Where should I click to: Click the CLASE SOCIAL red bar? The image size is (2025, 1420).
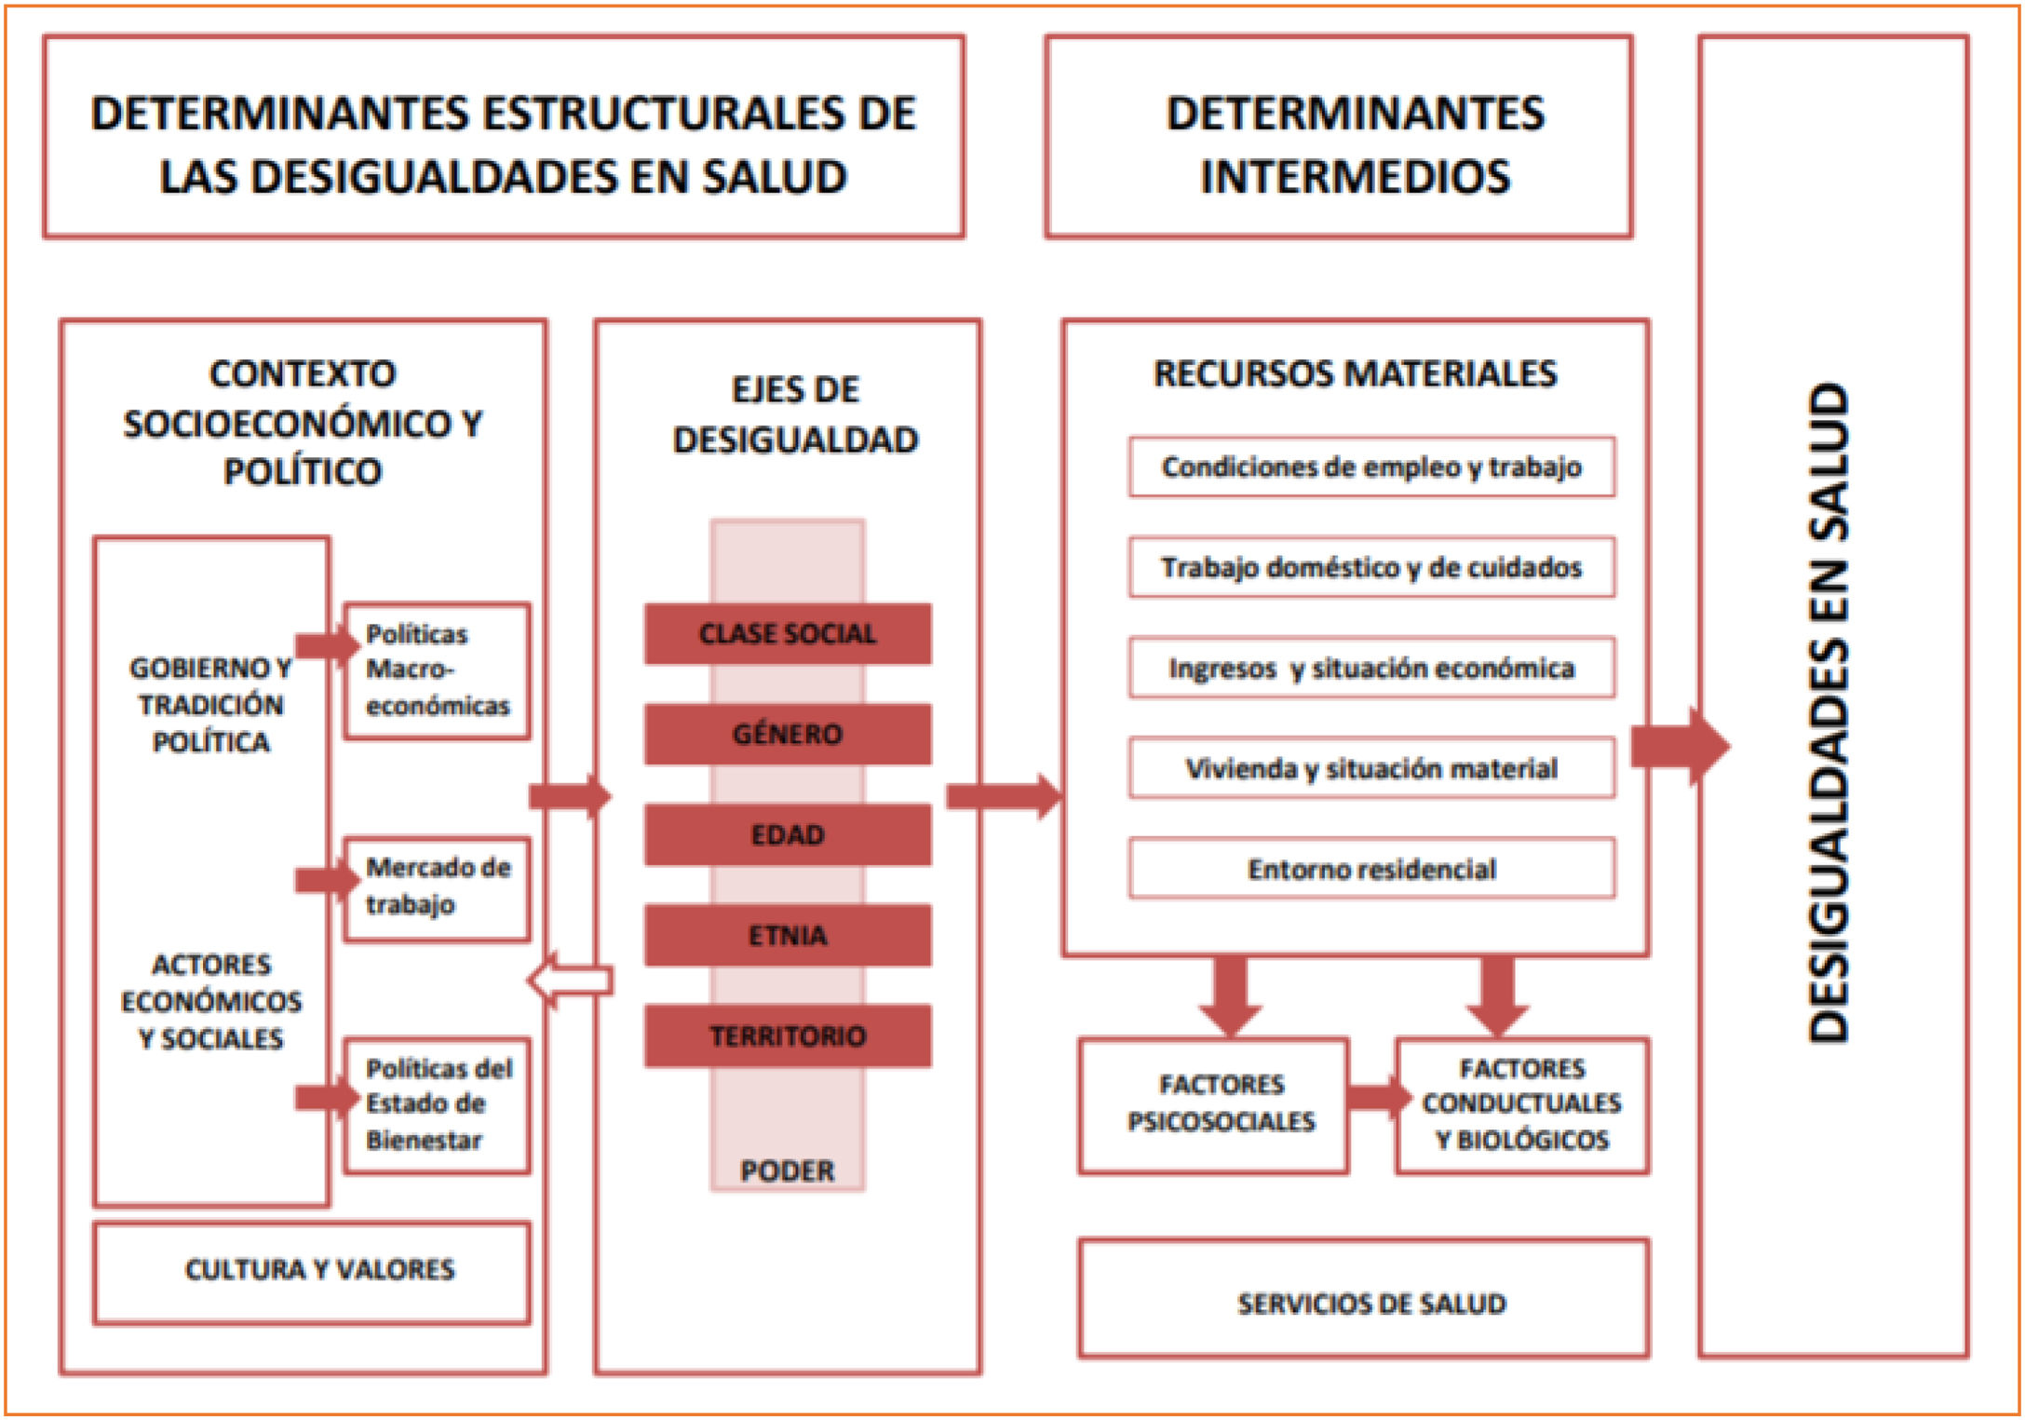788,634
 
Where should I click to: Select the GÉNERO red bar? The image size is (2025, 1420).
788,735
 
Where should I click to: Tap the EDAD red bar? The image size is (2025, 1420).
788,835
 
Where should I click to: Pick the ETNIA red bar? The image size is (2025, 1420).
788,935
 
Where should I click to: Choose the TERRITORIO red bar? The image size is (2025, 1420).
788,1035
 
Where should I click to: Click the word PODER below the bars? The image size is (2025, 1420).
788,1170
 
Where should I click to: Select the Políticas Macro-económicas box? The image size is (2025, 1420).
437,670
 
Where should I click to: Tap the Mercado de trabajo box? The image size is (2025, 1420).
437,887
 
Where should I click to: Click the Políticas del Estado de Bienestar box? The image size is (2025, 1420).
437,1104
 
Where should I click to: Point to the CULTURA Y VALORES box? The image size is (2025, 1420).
312,1271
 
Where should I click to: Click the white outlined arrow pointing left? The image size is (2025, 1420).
570,980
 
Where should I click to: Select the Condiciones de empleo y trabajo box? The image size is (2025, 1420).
1371,467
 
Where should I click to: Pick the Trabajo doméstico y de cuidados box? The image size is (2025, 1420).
1371,567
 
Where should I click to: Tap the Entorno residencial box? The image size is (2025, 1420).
1371,869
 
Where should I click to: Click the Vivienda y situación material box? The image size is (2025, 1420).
1371,768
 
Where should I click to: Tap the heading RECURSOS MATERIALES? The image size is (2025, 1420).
1355,374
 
